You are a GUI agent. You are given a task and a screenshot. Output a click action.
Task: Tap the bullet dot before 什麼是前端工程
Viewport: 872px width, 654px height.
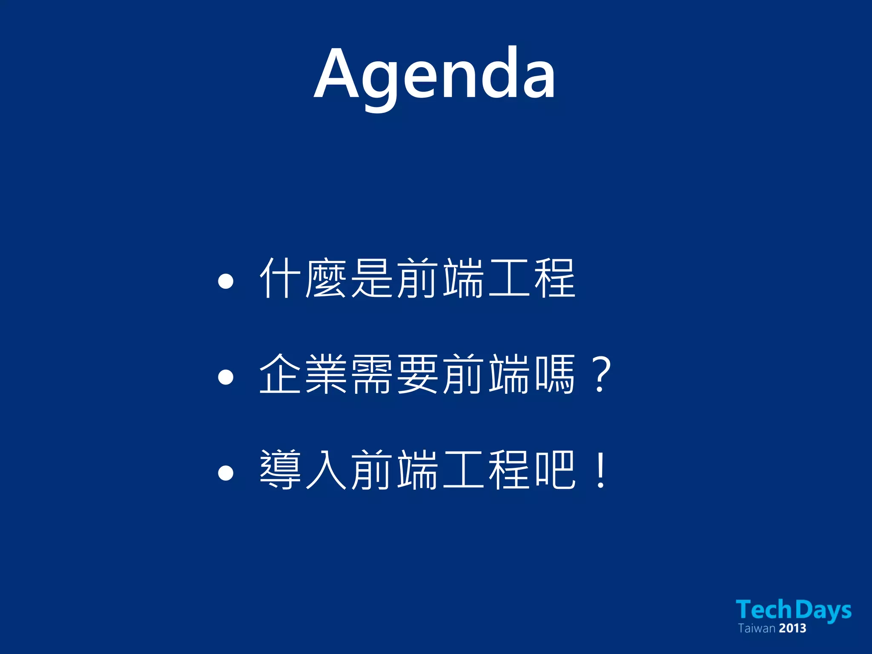[x=225, y=281]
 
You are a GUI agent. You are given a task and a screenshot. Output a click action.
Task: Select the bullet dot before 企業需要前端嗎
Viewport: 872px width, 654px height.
[x=225, y=377]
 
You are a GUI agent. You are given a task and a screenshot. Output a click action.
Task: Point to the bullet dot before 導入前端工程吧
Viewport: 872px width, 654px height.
[x=225, y=473]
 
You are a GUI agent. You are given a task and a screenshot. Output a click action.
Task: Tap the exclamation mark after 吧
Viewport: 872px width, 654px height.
[x=601, y=470]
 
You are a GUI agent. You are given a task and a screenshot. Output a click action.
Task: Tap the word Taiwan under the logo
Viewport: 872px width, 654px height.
[x=757, y=628]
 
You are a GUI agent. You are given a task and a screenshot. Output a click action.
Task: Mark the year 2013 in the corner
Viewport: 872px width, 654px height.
[x=793, y=628]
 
